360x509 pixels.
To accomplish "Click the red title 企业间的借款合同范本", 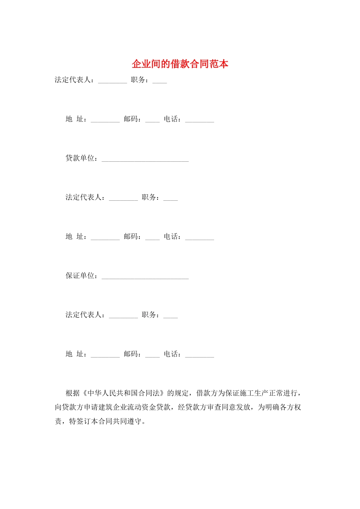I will tap(180, 64).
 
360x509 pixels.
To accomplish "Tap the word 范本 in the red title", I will tap(219, 64).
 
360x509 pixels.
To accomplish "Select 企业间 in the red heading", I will tap(146, 64).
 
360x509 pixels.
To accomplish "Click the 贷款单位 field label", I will tap(80, 158).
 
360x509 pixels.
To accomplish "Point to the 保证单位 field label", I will tap(80, 276).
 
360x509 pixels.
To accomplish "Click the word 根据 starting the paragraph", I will tap(73, 393).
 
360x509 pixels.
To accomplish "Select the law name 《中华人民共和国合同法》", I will tap(124, 393).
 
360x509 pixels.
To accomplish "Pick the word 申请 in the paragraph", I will tap(91, 407).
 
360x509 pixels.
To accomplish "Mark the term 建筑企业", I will tap(113, 407).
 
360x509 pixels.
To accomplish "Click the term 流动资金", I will tap(142, 407).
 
